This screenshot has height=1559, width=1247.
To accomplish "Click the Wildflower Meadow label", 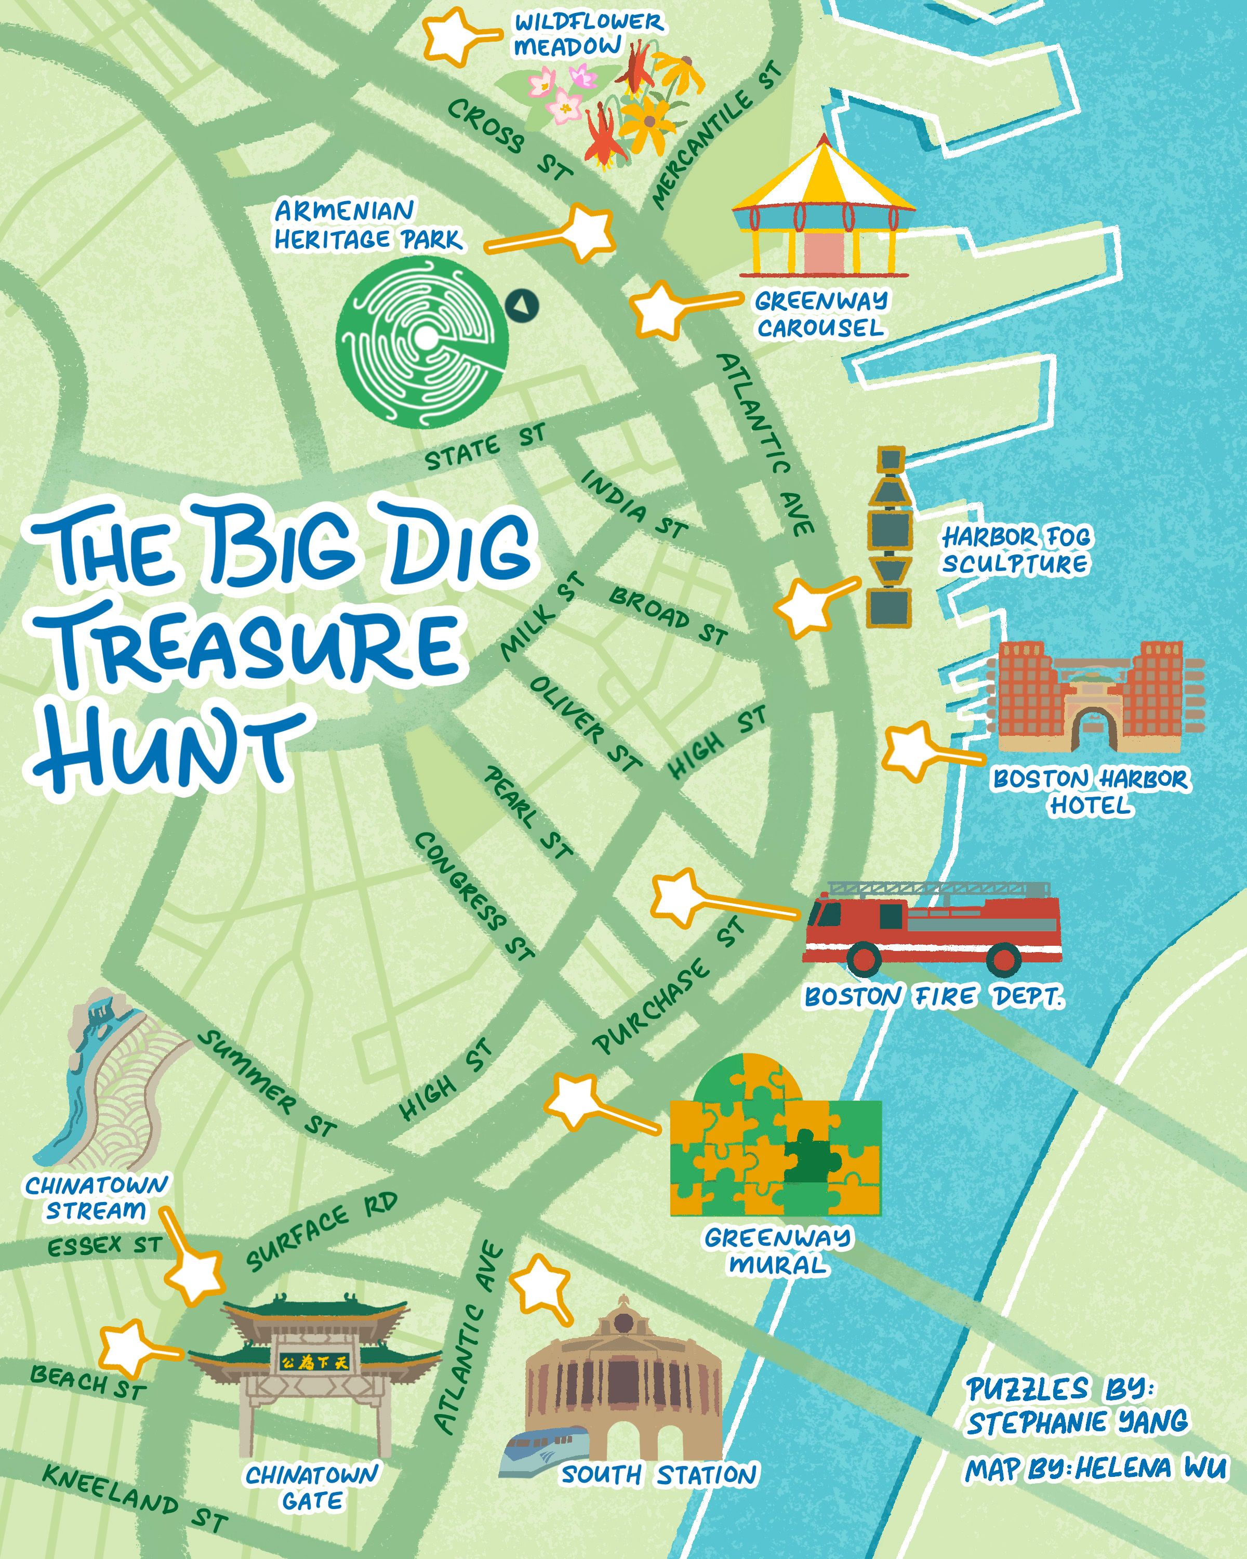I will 587,34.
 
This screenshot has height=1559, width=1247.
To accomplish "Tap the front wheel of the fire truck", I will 865,958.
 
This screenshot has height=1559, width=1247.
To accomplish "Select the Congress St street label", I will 473,896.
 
